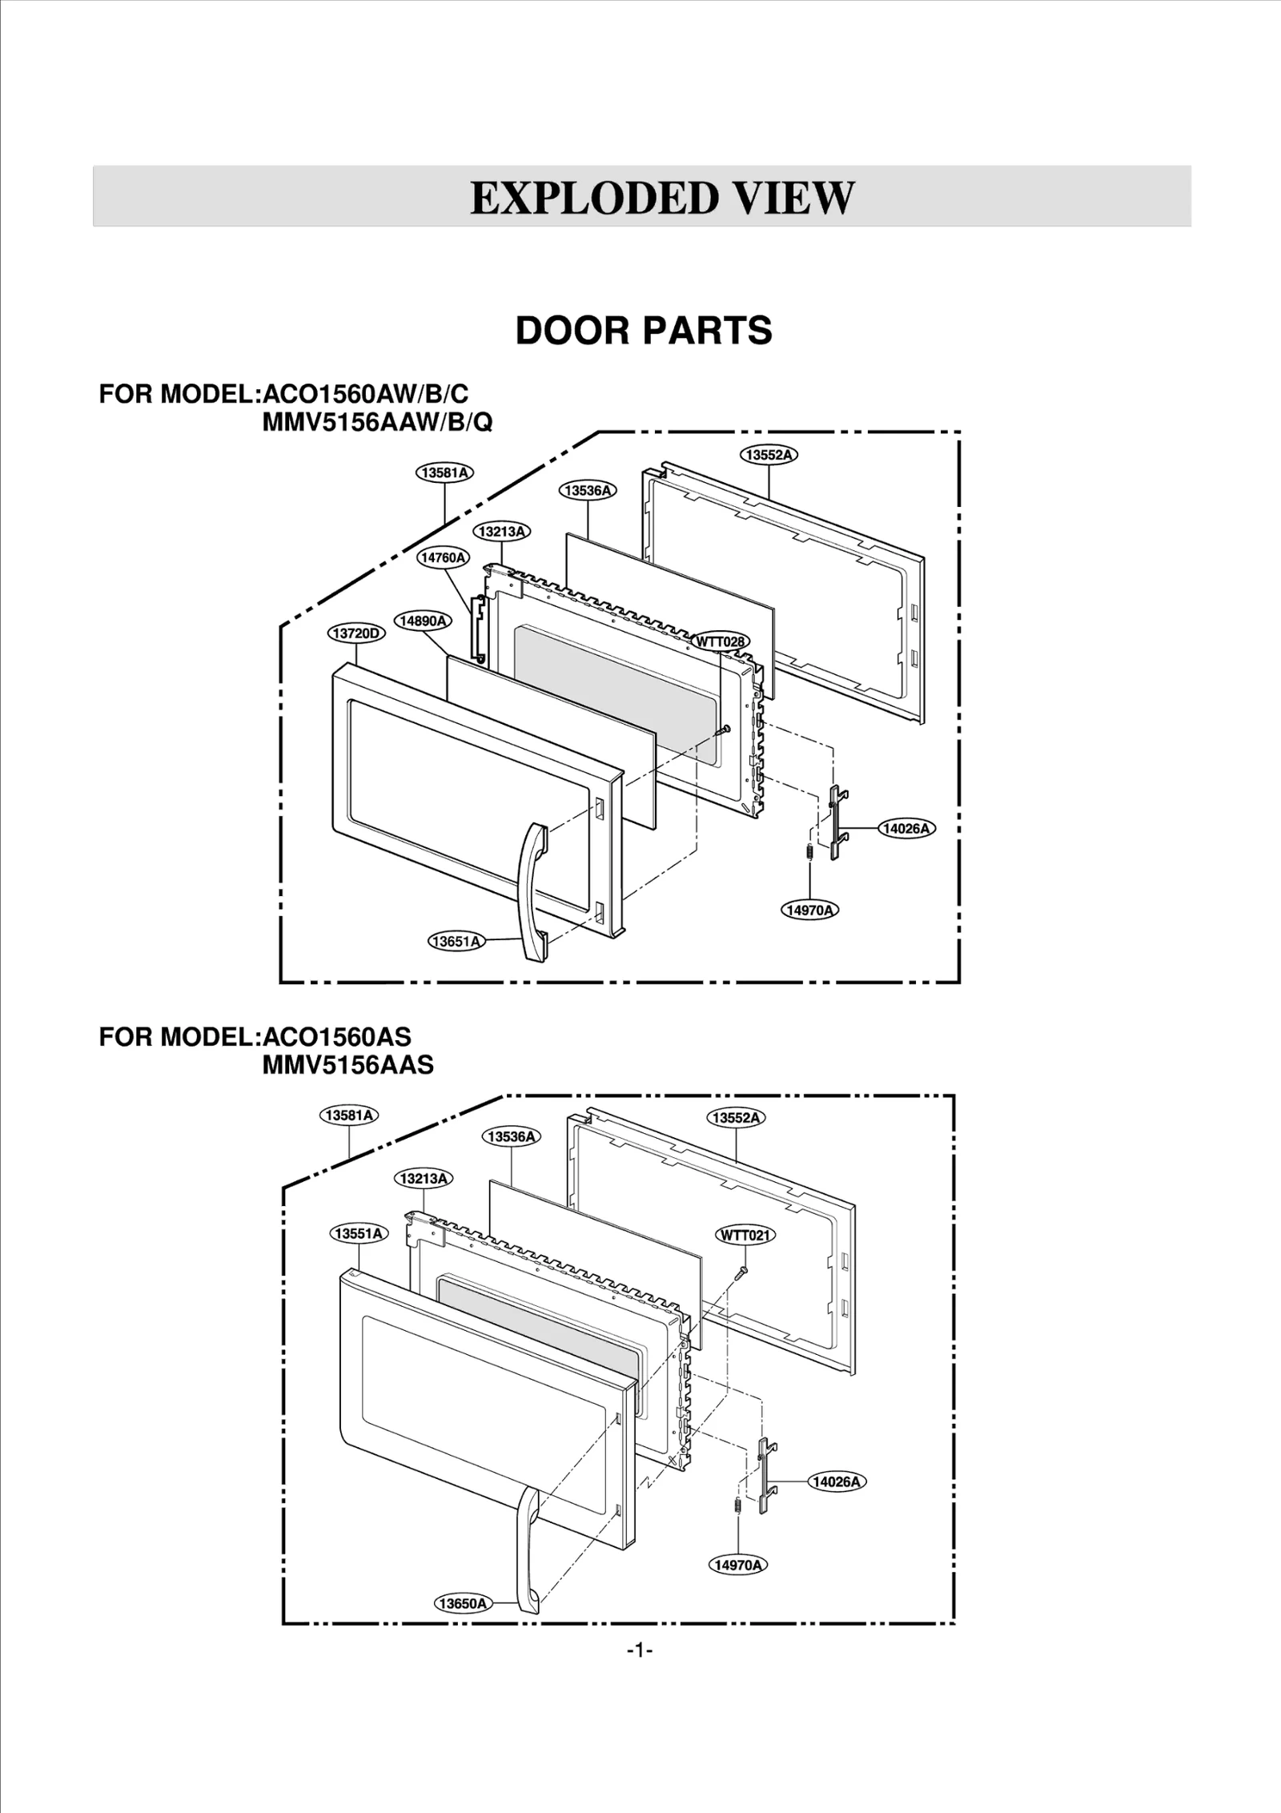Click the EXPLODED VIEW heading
(662, 198)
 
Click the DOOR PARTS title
(644, 331)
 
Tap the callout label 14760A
(444, 557)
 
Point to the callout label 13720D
(356, 633)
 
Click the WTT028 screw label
(721, 641)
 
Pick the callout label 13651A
(456, 942)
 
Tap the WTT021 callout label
(745, 1235)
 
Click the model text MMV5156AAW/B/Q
(377, 422)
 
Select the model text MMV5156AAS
(347, 1064)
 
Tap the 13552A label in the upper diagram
(769, 455)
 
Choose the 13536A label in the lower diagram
(512, 1136)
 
